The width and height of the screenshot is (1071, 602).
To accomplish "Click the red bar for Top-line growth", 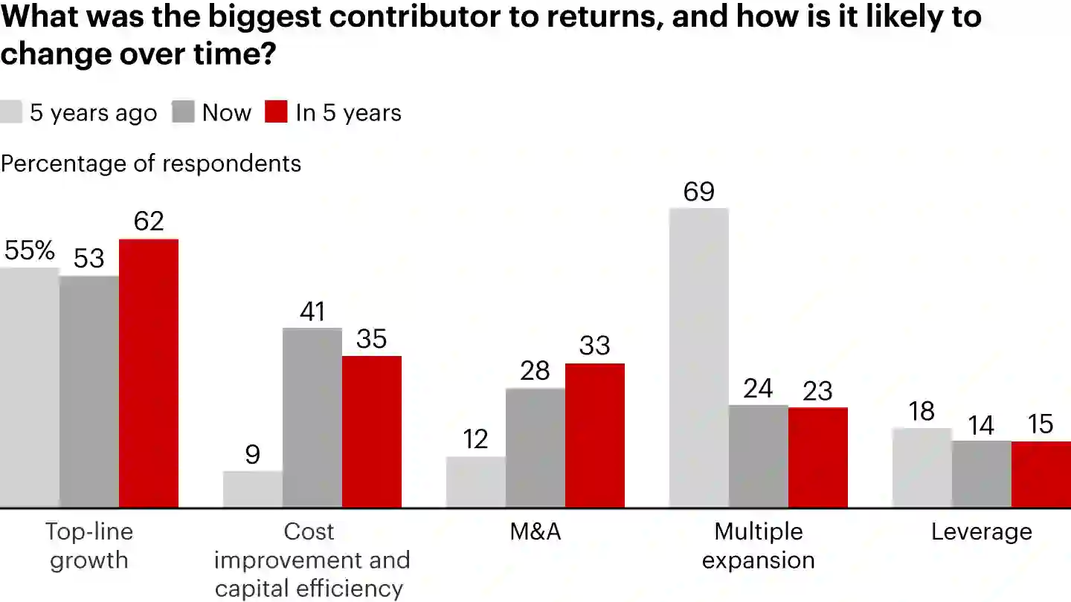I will tap(149, 373).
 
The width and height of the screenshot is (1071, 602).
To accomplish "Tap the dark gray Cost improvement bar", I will tap(312, 418).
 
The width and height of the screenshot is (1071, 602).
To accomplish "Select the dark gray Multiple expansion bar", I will tap(759, 456).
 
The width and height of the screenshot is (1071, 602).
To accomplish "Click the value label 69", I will tap(699, 192).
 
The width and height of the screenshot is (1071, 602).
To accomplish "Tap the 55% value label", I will tap(30, 251).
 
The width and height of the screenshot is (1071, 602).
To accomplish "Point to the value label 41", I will tap(312, 311).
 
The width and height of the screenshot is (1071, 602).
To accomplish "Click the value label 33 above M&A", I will tap(595, 346).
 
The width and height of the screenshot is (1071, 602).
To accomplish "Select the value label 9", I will tap(253, 455).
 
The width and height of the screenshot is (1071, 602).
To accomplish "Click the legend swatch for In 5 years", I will tap(276, 112).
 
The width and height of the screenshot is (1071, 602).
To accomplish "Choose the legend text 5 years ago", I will tap(94, 113).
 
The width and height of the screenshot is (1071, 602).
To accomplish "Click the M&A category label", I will tap(535, 532).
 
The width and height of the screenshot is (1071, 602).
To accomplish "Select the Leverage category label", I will tap(982, 532).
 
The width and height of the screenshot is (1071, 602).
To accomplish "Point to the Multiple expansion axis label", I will tap(759, 546).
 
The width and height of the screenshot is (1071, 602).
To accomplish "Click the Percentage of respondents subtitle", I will tap(151, 164).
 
